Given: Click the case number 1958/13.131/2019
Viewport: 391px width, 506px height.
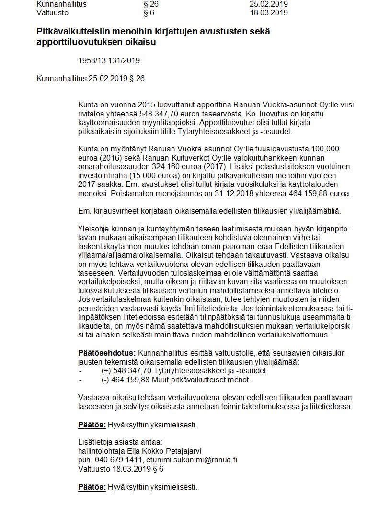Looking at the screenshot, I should coord(109,61).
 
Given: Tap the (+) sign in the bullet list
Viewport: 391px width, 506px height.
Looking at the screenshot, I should coord(106,370).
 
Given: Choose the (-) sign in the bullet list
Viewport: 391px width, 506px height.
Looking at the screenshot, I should coord(105,379).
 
